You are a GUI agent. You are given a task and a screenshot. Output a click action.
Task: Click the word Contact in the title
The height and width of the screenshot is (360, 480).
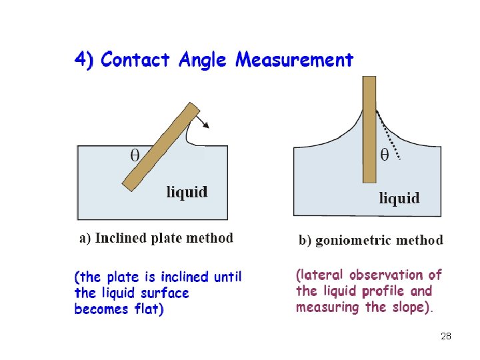tap(136, 60)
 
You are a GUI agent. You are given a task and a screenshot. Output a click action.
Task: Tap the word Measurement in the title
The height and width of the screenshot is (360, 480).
tap(295, 60)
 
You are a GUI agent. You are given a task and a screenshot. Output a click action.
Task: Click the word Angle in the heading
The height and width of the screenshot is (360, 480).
tap(204, 61)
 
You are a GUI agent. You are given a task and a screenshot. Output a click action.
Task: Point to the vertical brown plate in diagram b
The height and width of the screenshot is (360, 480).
tap(369, 127)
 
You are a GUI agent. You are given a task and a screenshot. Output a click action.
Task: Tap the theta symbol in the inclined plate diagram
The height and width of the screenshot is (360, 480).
tap(135, 155)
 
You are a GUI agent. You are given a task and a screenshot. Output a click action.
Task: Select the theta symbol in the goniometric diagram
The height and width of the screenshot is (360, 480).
tap(385, 155)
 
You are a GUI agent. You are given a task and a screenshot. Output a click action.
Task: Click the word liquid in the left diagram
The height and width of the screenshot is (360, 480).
tap(187, 192)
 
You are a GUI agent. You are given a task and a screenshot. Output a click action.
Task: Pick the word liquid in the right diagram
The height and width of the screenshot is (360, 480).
tap(399, 197)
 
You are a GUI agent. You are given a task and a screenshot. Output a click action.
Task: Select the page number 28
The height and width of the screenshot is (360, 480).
tap(446, 336)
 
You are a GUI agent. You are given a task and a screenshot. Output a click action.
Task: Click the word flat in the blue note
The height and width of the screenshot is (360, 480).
tap(147, 309)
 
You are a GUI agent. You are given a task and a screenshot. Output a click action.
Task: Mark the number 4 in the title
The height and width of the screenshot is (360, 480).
tap(80, 60)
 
